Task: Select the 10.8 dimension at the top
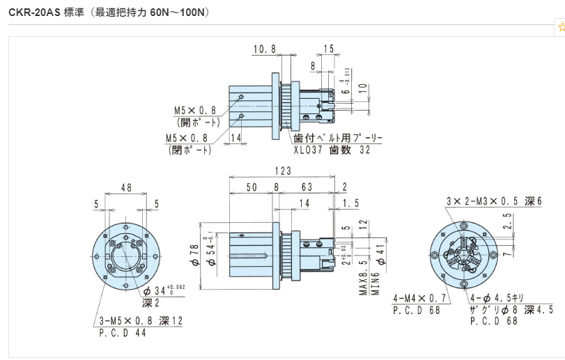pos(264,49)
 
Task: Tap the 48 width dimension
pos(126,188)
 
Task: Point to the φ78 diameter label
pos(196,255)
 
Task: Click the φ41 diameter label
pos(380,255)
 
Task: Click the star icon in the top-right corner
pos(561,27)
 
